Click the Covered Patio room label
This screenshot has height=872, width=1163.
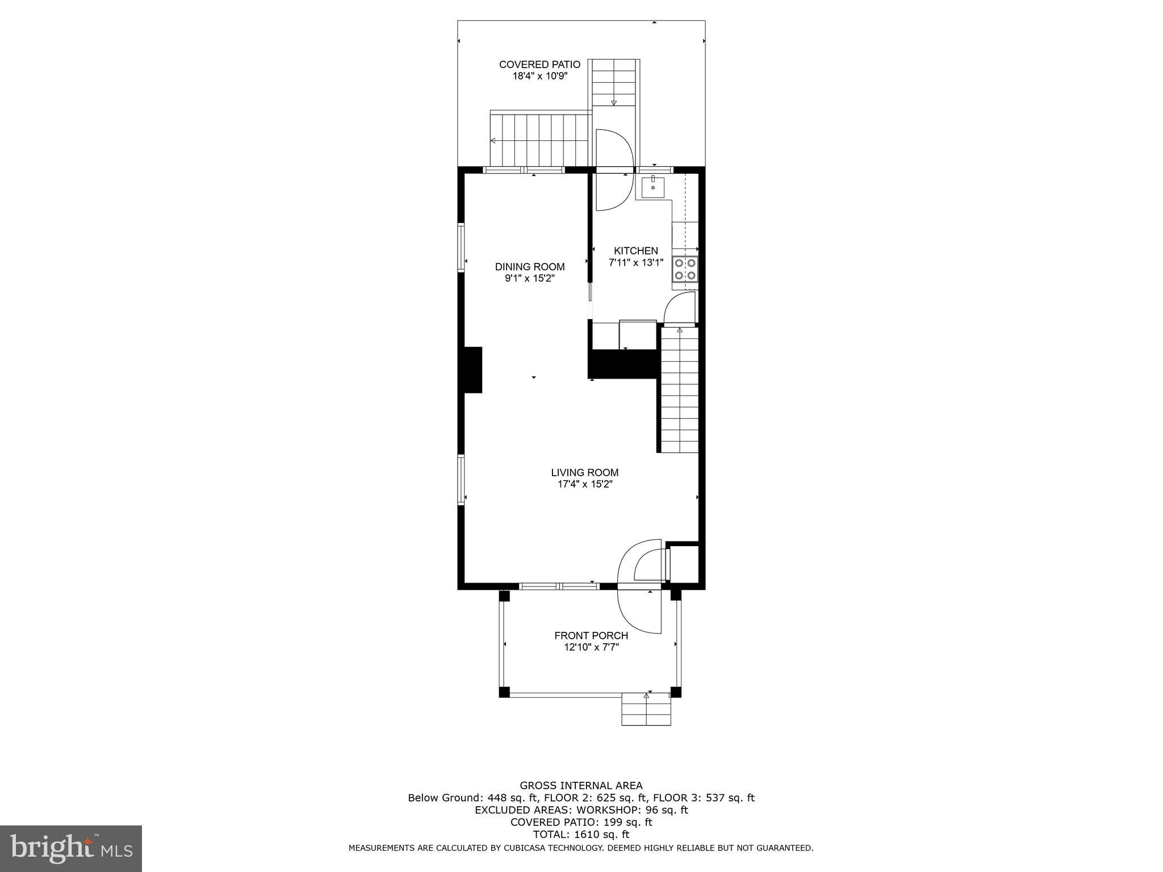point(539,65)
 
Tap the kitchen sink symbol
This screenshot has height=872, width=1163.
point(653,187)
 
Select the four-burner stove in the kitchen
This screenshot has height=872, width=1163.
point(685,269)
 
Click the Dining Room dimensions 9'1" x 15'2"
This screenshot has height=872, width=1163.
point(529,279)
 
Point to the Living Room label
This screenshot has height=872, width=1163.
point(584,472)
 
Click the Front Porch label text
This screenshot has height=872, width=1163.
point(591,636)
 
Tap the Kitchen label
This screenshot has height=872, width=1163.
point(635,251)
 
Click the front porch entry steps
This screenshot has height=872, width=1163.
point(646,709)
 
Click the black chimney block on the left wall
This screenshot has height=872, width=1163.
point(472,370)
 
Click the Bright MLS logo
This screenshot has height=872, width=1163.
point(70,848)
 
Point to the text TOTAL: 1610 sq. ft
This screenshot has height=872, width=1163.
point(581,835)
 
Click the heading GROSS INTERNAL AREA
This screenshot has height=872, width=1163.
point(581,786)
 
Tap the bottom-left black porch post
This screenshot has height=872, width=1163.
point(504,692)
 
